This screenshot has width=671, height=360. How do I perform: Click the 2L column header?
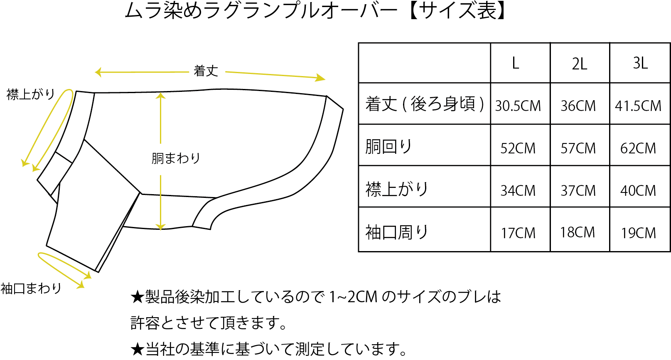[579, 64]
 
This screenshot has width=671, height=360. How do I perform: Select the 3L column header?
[640, 63]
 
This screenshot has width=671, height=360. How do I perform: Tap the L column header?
[515, 63]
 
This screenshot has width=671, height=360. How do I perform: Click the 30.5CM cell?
[518, 106]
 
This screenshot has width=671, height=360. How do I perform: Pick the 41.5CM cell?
[638, 106]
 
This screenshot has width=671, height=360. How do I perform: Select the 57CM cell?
[578, 148]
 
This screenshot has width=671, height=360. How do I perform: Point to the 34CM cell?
[518, 191]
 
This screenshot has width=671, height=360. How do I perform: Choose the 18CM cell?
[578, 232]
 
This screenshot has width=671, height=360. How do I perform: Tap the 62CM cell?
[638, 148]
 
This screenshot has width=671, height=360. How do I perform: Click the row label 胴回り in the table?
[388, 147]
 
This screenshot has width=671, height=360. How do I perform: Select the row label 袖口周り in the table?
[396, 232]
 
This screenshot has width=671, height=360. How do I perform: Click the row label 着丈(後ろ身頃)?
[424, 104]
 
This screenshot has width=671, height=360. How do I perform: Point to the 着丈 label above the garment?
[206, 71]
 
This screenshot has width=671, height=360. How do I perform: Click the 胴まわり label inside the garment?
[176, 158]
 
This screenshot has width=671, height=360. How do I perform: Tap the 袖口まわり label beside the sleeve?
[31, 288]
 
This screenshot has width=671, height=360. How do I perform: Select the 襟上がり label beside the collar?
[31, 94]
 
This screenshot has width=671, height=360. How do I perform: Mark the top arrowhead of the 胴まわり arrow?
[161, 96]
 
